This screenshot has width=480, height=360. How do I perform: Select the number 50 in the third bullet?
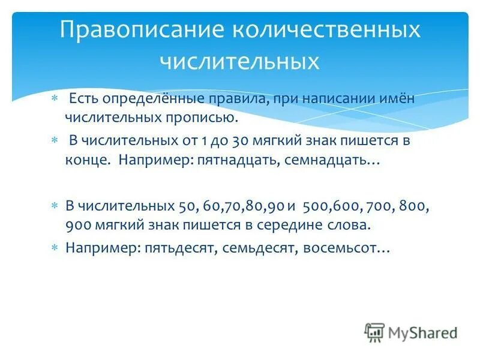(x=186, y=206)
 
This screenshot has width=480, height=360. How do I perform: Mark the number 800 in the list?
(x=415, y=206)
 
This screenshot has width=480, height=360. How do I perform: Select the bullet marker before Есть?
(x=54, y=98)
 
